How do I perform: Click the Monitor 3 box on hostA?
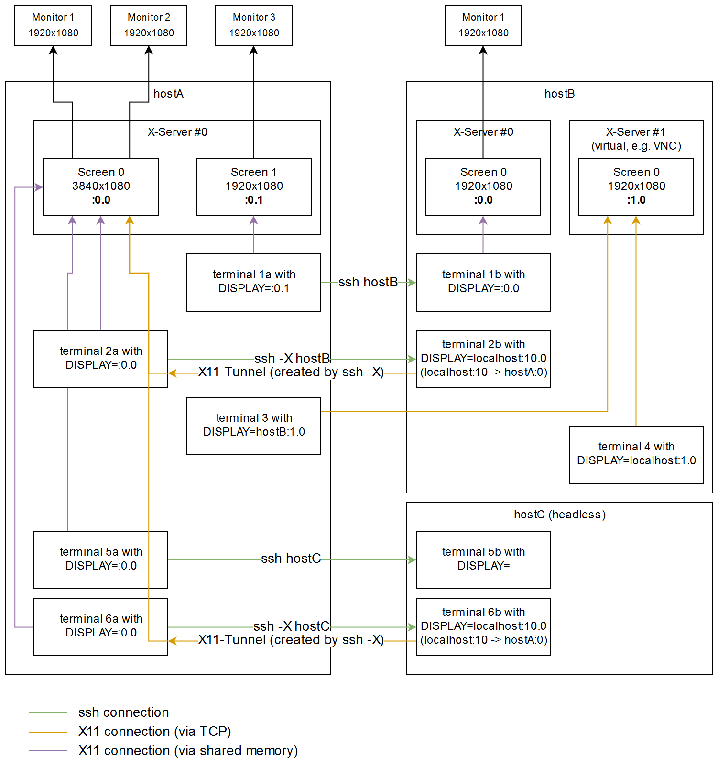pos(253,25)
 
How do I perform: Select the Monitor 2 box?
pos(148,25)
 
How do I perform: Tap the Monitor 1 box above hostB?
pos(483,25)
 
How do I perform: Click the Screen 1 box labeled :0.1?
pos(253,186)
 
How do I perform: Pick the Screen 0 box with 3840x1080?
pos(100,186)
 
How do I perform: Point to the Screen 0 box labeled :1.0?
pos(636,186)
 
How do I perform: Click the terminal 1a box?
pos(253,282)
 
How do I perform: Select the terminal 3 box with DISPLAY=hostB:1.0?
pos(253,426)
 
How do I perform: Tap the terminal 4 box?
pos(636,454)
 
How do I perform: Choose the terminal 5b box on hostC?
pos(483,559)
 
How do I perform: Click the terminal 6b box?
pos(483,626)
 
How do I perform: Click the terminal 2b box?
pos(483,359)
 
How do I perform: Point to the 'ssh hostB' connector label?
pos(368,282)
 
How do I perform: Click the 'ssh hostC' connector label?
pos(291,559)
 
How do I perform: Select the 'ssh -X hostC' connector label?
pos(292,626)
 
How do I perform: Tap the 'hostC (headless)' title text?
pos(559,515)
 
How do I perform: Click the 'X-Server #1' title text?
pos(636,132)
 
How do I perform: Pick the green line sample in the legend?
pos(48,713)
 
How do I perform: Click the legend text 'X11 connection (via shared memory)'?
pos(188,751)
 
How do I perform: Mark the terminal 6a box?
pos(100,626)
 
